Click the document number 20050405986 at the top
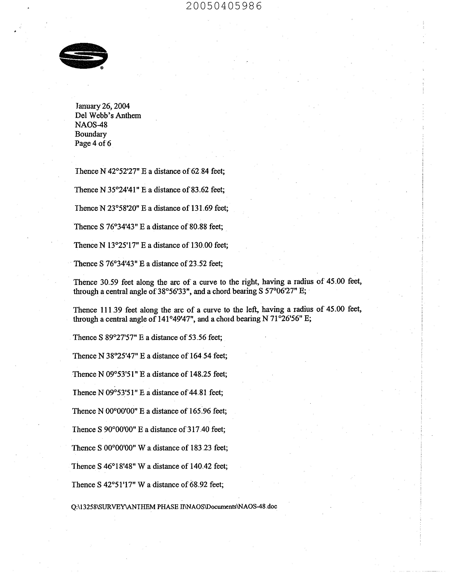click(224, 6)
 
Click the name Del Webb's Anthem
click(108, 115)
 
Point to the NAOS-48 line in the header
click(91, 125)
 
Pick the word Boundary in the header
click(91, 134)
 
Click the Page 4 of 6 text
click(93, 143)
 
